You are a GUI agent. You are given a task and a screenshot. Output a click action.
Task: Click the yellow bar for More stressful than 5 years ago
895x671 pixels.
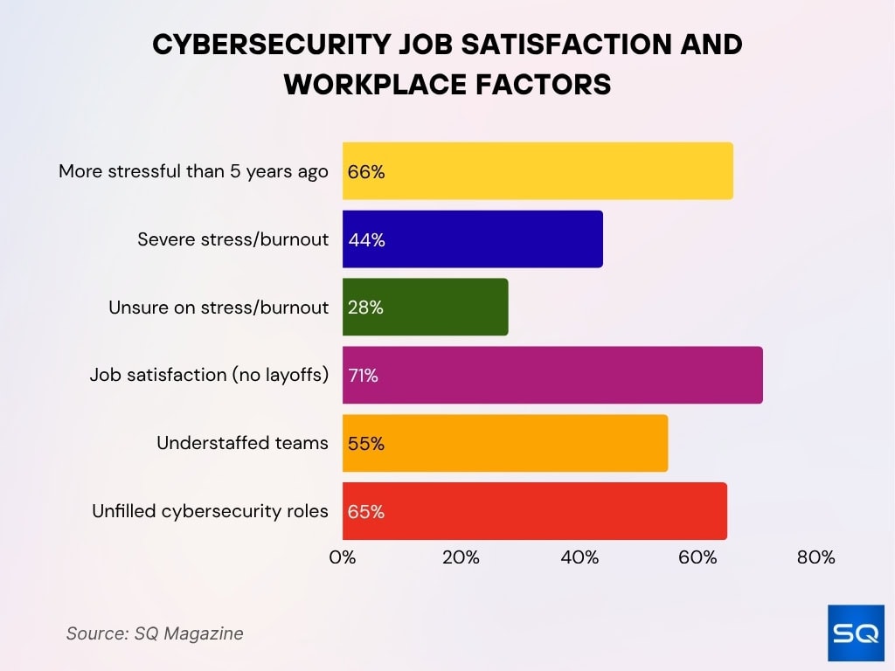coord(538,171)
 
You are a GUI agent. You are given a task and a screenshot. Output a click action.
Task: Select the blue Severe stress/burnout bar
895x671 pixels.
coord(472,239)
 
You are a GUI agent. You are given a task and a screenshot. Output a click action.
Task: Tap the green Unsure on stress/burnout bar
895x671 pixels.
coord(425,307)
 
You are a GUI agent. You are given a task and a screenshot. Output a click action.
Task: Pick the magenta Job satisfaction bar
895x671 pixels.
coord(552,375)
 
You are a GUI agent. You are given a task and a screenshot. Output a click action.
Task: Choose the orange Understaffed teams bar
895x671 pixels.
coord(505,443)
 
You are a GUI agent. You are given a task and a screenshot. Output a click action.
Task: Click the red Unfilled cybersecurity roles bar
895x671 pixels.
coord(534,511)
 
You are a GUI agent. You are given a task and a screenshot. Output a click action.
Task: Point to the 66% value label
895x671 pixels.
coord(366,172)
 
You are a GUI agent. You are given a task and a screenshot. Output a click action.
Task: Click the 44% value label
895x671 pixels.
coord(366,239)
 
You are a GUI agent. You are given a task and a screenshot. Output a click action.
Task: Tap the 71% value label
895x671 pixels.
coord(364,376)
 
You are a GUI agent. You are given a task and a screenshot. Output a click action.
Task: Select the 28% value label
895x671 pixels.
coord(366,308)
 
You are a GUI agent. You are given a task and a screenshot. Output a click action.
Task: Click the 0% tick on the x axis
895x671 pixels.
coord(343,557)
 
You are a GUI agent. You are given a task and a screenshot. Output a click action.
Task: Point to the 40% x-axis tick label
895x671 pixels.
coord(579,557)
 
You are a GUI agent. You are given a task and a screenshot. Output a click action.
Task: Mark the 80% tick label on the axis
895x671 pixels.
coord(816,557)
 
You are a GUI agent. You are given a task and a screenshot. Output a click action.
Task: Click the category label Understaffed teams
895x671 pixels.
coord(242,443)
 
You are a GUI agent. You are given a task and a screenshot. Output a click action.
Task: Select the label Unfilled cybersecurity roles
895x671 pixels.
coord(210,511)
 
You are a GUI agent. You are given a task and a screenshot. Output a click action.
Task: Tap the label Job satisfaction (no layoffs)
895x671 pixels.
coord(209,375)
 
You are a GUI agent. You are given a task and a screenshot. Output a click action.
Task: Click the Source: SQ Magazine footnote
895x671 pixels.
coord(155,633)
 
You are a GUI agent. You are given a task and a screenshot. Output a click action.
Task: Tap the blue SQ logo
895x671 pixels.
coord(856,633)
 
